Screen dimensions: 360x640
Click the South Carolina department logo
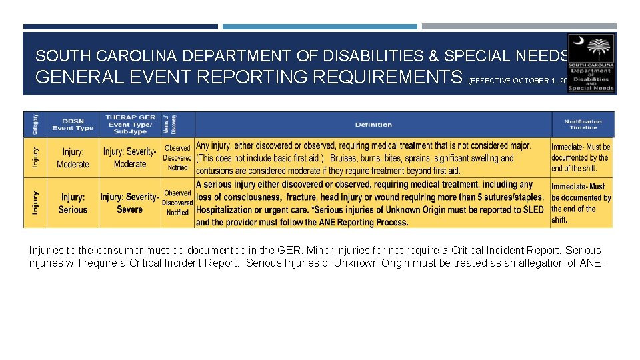point(591,63)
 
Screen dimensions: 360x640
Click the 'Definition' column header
point(373,125)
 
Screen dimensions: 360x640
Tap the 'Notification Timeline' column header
point(582,125)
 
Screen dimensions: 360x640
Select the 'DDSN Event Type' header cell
point(73,125)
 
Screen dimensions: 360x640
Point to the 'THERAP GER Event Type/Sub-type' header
point(129,124)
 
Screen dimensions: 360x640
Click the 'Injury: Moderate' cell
point(73,158)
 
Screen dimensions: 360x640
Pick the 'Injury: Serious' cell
point(73,203)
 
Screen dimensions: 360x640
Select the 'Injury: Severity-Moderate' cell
point(129,158)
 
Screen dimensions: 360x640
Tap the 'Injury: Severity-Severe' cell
point(129,203)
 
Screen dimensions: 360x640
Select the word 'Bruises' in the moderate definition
point(344,159)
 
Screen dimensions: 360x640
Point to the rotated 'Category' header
point(35,124)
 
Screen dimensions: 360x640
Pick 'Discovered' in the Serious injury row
point(177,203)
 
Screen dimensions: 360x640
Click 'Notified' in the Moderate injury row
point(177,168)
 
